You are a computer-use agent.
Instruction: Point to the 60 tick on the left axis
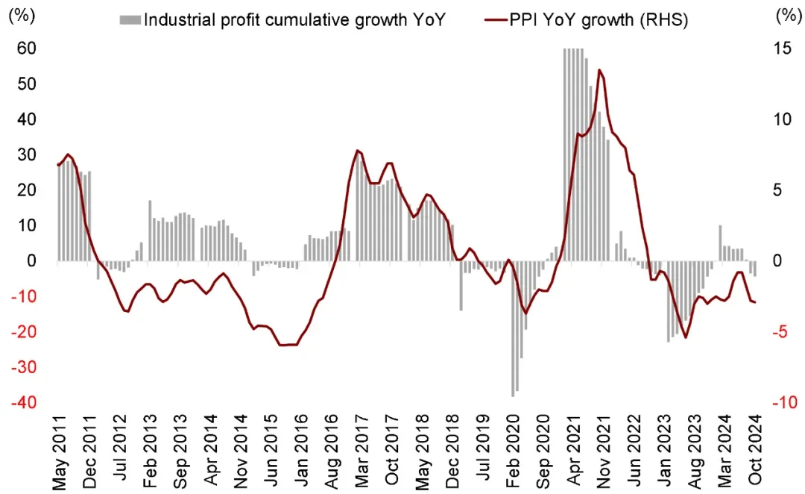tap(28, 49)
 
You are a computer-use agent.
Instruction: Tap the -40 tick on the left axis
tap(25, 403)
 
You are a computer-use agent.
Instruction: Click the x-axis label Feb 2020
tap(513, 449)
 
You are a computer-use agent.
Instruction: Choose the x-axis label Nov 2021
tap(604, 449)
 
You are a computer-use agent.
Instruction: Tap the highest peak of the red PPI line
tap(600, 70)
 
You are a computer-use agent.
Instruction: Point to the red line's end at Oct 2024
tap(755, 302)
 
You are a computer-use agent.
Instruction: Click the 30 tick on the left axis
tap(28, 155)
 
